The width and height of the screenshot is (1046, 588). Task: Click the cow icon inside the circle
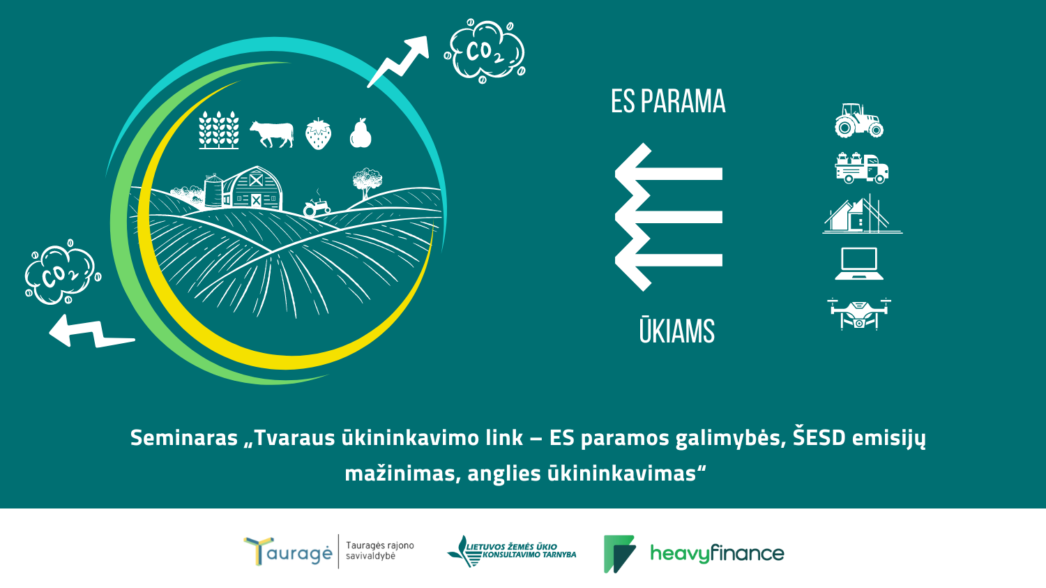[x=272, y=135]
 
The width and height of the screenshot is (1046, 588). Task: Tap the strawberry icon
[x=319, y=134]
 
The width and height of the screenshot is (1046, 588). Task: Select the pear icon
[x=361, y=133]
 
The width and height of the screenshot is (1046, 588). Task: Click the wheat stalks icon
[x=219, y=130]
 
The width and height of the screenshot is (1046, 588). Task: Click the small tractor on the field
[x=317, y=206]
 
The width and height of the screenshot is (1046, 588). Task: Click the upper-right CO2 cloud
[x=485, y=51]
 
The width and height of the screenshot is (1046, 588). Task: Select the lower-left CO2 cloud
[x=63, y=272]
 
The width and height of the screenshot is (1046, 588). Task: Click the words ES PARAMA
[x=668, y=101]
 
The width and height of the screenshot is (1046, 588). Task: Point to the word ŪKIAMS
[x=676, y=331]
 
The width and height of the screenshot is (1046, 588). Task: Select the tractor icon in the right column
[x=859, y=121]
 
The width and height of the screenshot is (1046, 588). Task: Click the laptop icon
[x=859, y=264]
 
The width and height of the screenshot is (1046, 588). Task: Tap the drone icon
[x=859, y=313]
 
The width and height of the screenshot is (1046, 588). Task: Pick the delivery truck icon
[x=861, y=167]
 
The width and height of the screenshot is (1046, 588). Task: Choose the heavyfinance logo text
[x=717, y=554]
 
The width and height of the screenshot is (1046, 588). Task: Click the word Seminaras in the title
[x=184, y=438]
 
